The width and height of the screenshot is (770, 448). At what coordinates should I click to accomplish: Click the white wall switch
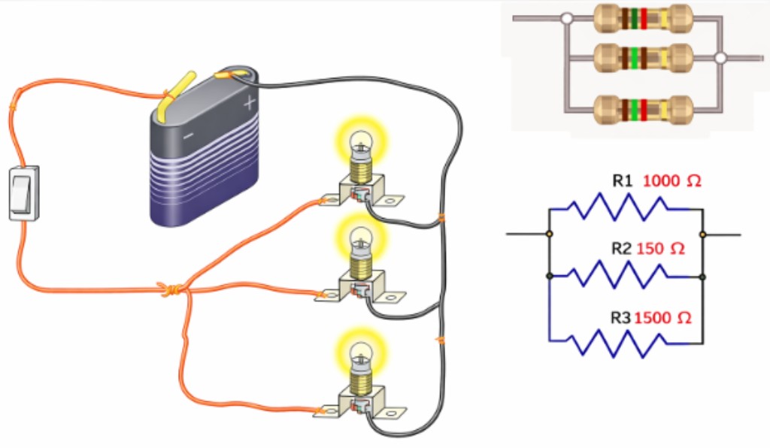(x=23, y=193)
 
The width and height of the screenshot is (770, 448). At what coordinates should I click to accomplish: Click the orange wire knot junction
(x=171, y=289)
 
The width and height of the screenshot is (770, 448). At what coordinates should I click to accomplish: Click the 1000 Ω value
(x=671, y=181)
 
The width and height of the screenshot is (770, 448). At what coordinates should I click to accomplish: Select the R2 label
(x=620, y=249)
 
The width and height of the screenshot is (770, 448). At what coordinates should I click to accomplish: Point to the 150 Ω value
(x=660, y=249)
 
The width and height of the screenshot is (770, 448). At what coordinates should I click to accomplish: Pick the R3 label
(x=620, y=318)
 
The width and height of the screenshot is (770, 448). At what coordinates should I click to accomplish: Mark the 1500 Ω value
(x=662, y=318)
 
